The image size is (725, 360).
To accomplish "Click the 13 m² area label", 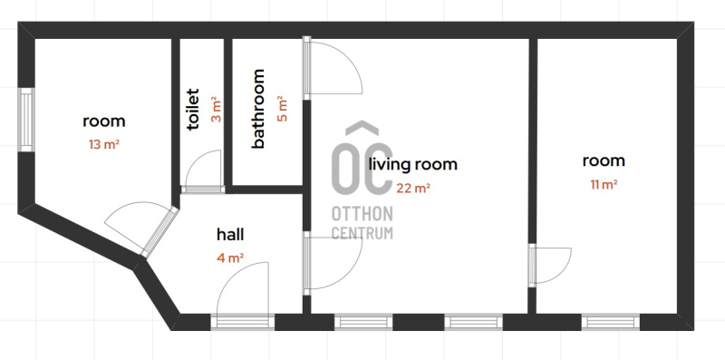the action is point(104,144).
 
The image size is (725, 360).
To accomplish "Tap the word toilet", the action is point(193,109).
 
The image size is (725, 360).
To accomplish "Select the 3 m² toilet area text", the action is point(216,109).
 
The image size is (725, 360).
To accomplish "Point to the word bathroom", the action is point(257,109).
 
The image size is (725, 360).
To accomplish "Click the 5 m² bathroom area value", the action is point(282,109).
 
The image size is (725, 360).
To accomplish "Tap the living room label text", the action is point(413,164).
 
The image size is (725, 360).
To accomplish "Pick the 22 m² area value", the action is point(413,188).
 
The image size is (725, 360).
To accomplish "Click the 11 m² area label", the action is point(604,185).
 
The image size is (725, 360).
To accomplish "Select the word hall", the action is point(230,235).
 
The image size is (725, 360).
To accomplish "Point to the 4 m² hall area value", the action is point(230,258).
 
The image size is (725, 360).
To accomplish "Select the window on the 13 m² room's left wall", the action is point(26,120).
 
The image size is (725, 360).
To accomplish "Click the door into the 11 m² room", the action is point(550,265).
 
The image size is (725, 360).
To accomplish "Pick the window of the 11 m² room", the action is point(610,322).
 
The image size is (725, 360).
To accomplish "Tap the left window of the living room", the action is point(363,322).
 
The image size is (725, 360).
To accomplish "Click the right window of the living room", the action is point(473,322).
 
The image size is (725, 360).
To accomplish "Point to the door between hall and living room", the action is point(333,263).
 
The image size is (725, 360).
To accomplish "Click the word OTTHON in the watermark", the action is point(362,214).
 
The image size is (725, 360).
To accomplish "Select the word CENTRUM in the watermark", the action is point(362,233).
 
